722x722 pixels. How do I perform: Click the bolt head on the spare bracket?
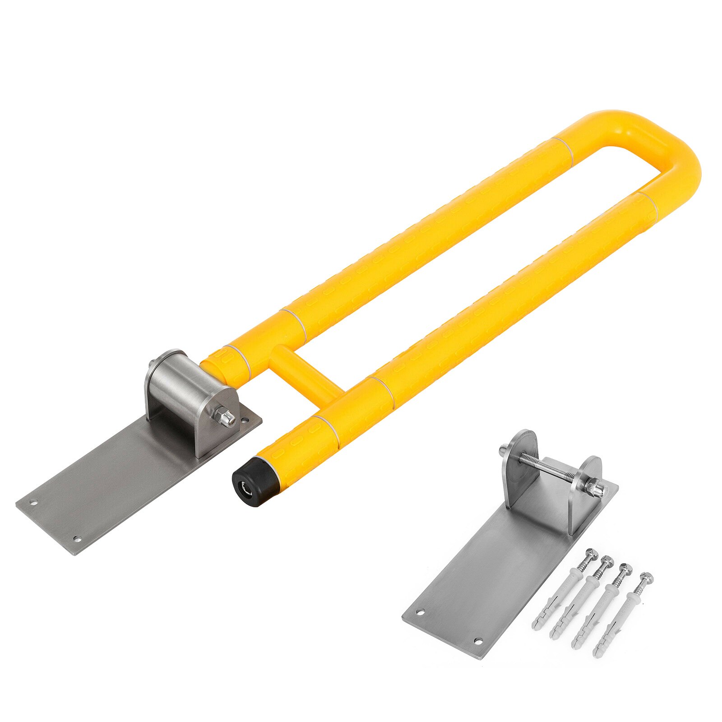click(504, 450)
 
